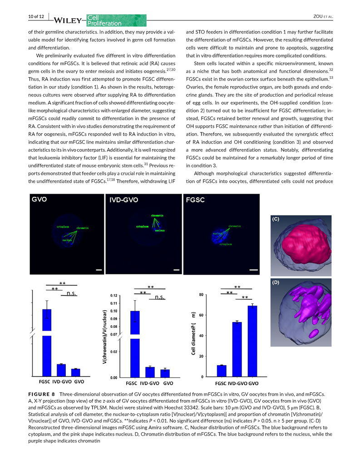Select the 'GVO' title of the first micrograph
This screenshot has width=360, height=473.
pos(40,200)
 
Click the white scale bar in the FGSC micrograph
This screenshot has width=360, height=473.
pos(254,270)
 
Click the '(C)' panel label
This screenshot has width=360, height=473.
pos(276,219)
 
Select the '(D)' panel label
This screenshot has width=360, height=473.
pos(276,283)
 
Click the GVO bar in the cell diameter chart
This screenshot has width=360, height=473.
pos(252,341)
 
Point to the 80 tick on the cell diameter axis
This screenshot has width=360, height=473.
pos(201,295)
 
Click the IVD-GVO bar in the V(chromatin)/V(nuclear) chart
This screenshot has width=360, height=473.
pos(150,371)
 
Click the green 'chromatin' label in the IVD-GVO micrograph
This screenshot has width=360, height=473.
pos(157,215)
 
